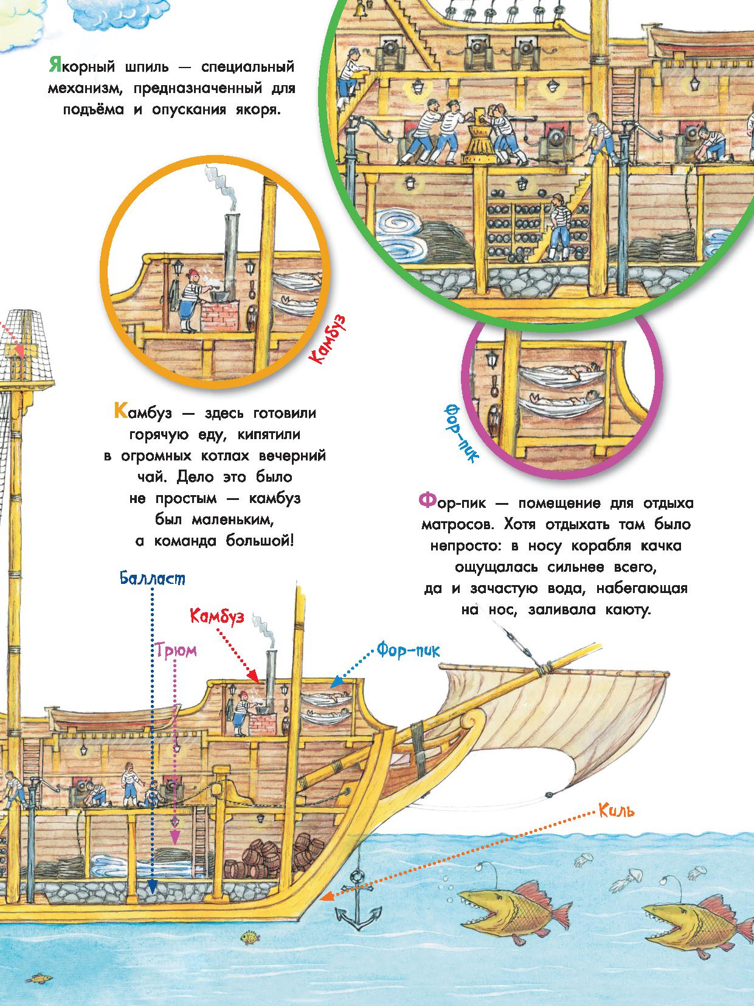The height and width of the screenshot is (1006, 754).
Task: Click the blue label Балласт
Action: [153, 578]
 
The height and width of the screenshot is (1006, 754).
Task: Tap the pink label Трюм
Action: [176, 650]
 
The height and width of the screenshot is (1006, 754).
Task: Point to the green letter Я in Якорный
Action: [55, 66]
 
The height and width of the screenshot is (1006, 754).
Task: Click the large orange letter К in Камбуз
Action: [120, 411]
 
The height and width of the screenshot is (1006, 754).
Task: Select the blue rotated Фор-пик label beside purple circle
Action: [460, 432]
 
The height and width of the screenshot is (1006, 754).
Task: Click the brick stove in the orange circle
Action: [220, 315]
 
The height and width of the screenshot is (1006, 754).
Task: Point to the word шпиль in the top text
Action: [147, 67]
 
